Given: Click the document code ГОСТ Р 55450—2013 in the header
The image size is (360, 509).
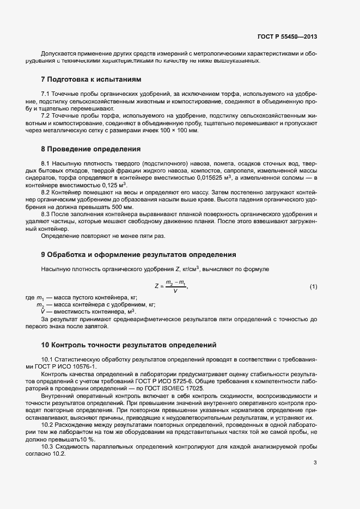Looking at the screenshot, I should pos(286,37).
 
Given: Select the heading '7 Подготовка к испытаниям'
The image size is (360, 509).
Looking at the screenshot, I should pos(91,79).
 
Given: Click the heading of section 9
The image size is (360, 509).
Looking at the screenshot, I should pos(138,254).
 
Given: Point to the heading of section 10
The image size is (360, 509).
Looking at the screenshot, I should pos(129,345).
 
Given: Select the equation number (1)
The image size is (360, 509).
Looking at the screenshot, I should pos(313,286).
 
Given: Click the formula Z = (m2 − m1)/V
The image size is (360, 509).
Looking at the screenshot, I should pos(171,286).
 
